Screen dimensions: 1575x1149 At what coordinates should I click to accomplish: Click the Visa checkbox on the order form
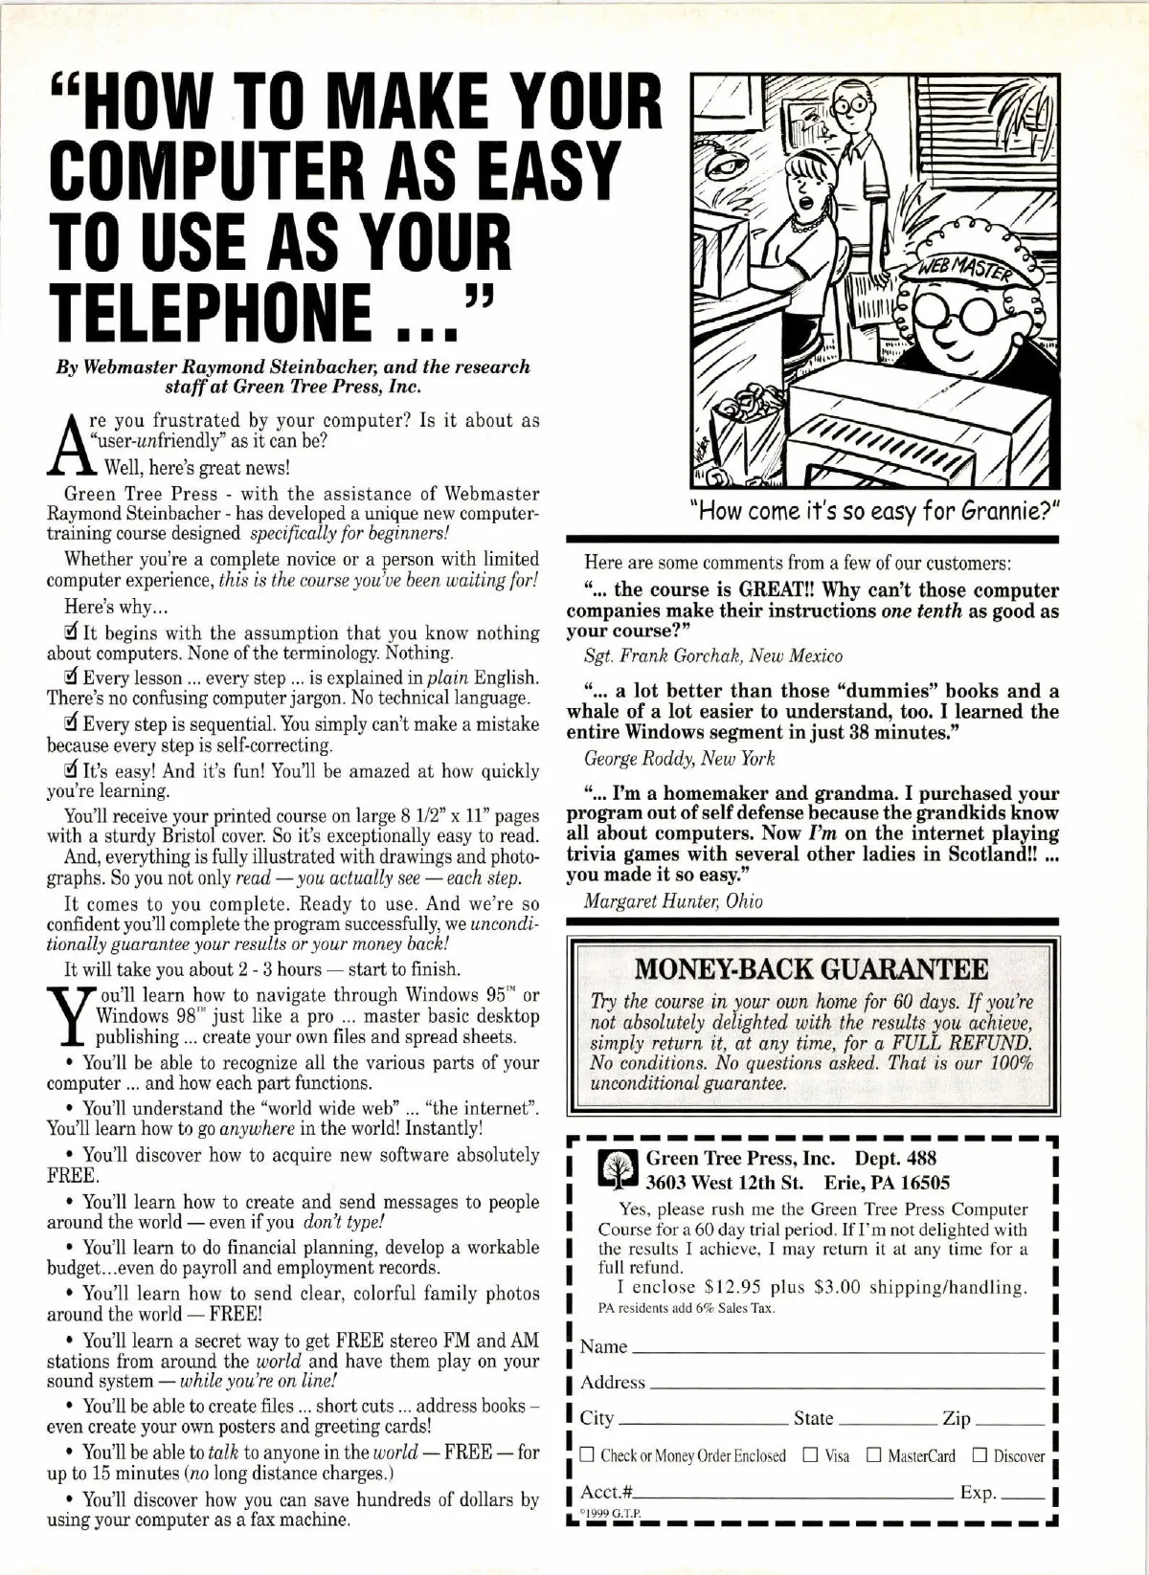point(810,1455)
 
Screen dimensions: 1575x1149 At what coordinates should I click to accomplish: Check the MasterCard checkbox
point(873,1455)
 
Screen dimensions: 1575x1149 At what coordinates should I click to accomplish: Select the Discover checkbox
point(979,1455)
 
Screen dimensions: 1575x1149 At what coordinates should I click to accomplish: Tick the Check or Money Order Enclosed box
point(587,1455)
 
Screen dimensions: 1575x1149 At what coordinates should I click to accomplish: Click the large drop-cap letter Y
point(70,1017)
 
